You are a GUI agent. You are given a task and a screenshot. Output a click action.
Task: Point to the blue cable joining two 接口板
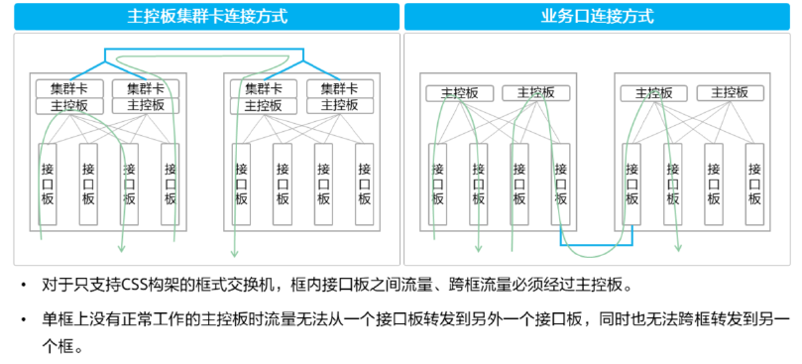[x=595, y=242]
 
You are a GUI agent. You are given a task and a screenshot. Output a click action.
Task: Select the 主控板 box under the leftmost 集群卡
[x=69, y=105]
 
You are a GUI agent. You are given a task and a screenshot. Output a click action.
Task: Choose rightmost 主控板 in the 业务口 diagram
[x=729, y=93]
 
